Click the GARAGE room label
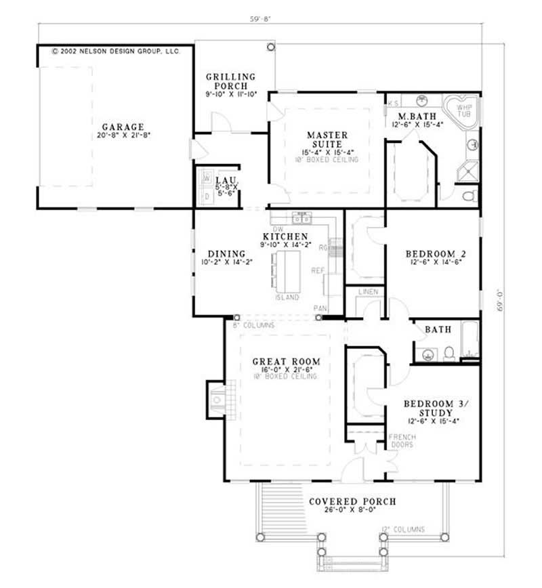coord(123,127)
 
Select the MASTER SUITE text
coord(327,140)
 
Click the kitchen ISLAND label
coord(287,297)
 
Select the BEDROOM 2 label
coord(435,255)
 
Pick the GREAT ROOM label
coord(286,362)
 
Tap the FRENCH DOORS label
coord(402,441)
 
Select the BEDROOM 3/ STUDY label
coord(432,409)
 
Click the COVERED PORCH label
coord(352,502)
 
